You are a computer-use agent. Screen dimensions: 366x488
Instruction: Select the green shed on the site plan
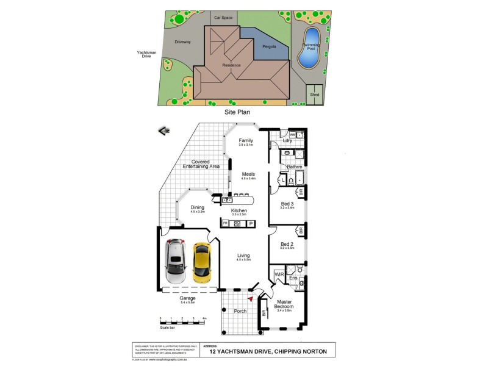coord(315,95)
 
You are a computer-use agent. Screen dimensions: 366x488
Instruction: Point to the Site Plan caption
coord(238,112)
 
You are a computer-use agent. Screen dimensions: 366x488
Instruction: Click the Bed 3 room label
coord(287,204)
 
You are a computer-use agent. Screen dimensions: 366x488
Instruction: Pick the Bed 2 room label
coord(287,245)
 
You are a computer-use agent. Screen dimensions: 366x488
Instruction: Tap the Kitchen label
coord(239,210)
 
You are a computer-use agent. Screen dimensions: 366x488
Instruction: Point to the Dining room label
coord(197,207)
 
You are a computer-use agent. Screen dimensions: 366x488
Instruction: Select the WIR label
coord(279,274)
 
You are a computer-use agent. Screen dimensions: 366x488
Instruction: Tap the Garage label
coord(188,298)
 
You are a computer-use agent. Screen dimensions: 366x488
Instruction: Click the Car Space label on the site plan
coord(223,18)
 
